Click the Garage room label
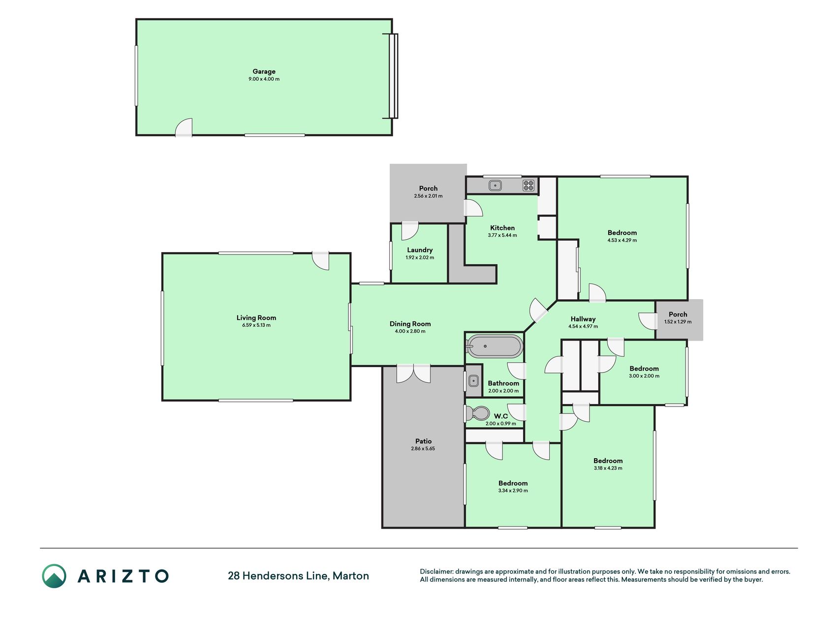pos(264,71)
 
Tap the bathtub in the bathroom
pos(494,346)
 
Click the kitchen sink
pos(495,186)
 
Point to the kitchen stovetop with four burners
pos(529,186)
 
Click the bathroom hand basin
pos(473,380)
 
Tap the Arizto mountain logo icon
pos(54,576)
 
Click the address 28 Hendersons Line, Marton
pos(298,576)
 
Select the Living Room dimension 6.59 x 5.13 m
pos(256,325)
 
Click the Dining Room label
pos(410,324)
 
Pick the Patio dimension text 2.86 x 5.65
pos(423,449)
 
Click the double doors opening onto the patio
pos(413,373)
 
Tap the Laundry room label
pos(420,250)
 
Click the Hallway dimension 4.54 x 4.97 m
pos(583,326)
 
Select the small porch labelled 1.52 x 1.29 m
pos(679,320)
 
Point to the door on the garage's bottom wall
pos(184,127)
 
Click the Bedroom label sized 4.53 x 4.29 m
pos(622,233)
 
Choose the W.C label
pos(501,416)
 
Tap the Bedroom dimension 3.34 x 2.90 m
pos(513,491)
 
